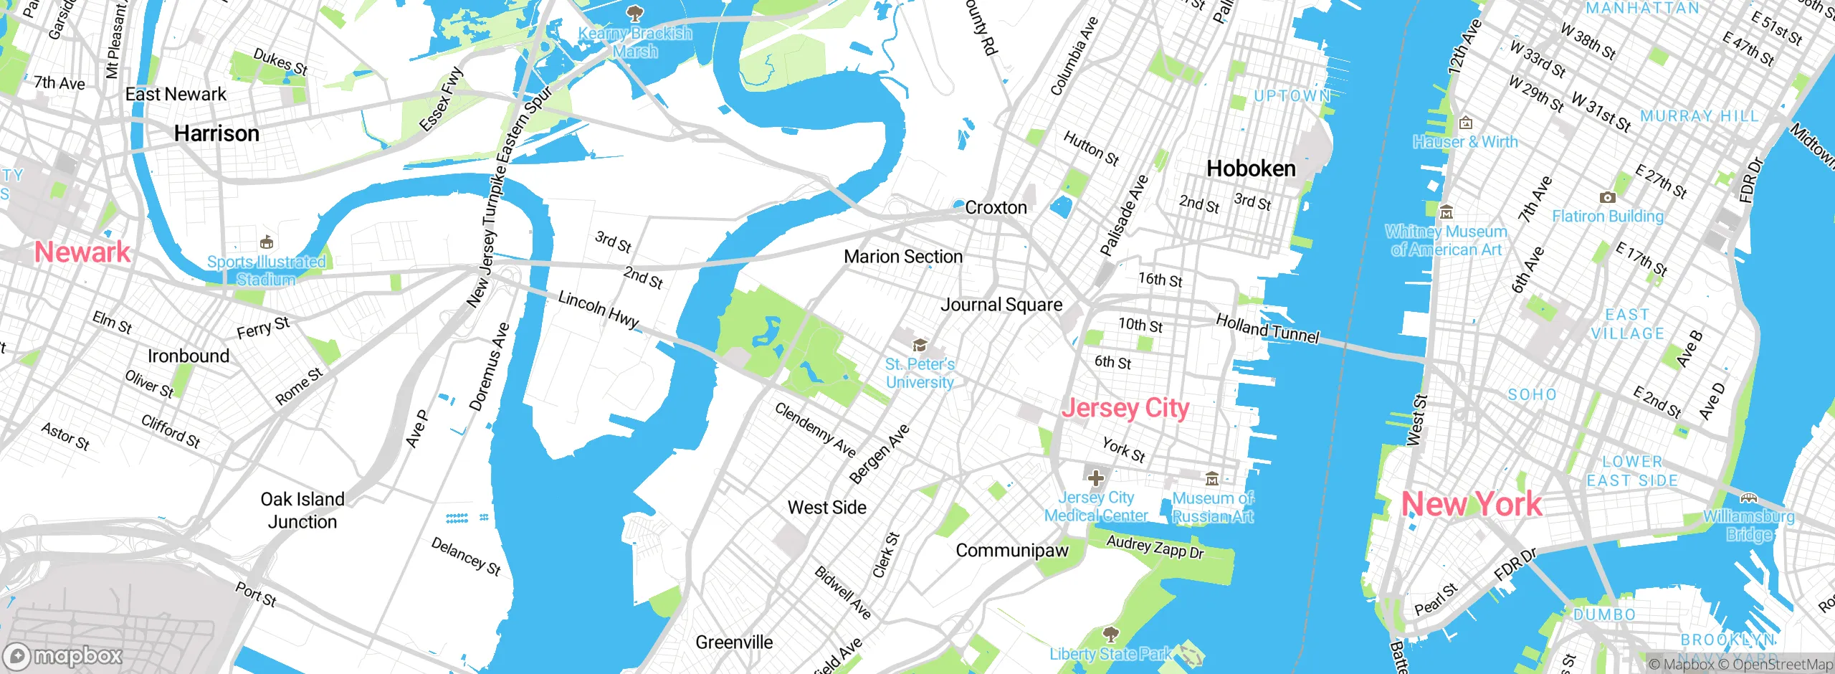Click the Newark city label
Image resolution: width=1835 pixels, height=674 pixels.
pyautogui.click(x=82, y=252)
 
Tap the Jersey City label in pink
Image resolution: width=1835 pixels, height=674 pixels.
pyautogui.click(x=1125, y=408)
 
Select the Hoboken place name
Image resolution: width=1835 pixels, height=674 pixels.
pyautogui.click(x=1251, y=168)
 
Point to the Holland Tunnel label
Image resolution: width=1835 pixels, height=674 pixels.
pyautogui.click(x=1267, y=329)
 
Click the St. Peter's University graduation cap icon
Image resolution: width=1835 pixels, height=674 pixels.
pyautogui.click(x=920, y=346)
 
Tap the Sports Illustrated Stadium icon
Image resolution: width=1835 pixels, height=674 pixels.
pyautogui.click(x=267, y=242)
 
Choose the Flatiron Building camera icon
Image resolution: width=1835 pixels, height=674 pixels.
pyautogui.click(x=1607, y=197)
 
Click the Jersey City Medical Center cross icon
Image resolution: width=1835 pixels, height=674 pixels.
pyautogui.click(x=1095, y=478)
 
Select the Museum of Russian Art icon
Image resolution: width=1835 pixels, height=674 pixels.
pyautogui.click(x=1212, y=478)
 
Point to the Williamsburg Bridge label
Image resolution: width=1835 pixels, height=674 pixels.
pyautogui.click(x=1749, y=525)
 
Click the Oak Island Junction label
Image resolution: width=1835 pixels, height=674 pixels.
pyautogui.click(x=302, y=511)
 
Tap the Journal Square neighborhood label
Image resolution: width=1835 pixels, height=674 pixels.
pyautogui.click(x=1001, y=305)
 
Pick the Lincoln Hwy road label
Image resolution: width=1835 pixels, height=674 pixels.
pyautogui.click(x=599, y=309)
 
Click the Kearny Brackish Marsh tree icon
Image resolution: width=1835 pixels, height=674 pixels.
pyautogui.click(x=634, y=12)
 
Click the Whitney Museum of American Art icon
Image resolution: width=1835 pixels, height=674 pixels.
pyautogui.click(x=1446, y=212)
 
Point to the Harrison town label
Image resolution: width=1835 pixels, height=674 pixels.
pyautogui.click(x=216, y=133)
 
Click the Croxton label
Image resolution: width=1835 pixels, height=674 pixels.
pyautogui.click(x=996, y=208)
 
